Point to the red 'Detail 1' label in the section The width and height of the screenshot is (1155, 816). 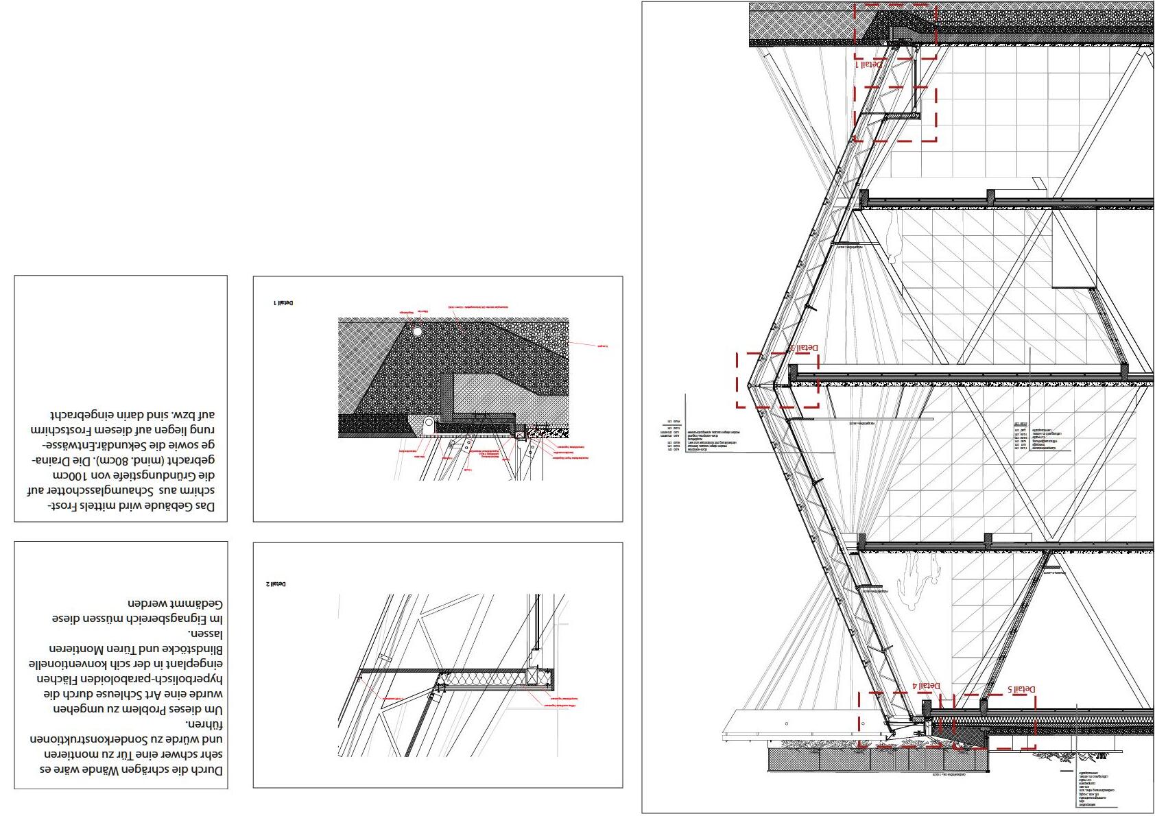click(x=869, y=64)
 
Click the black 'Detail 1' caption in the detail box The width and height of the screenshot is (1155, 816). click(x=283, y=302)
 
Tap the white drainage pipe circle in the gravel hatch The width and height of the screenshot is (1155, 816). click(x=417, y=332)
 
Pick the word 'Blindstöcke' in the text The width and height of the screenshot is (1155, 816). click(x=191, y=649)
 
